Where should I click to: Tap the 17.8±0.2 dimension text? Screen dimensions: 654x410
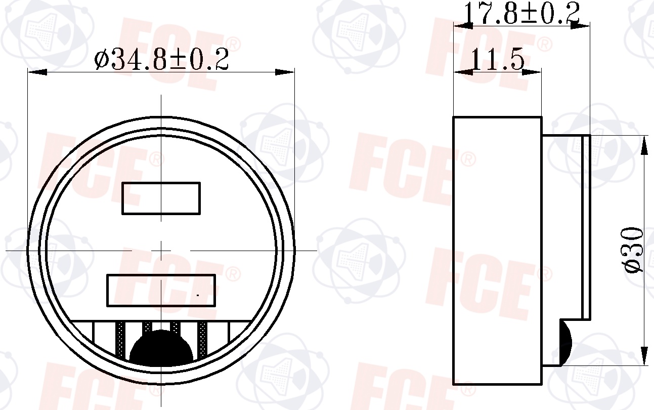click(x=521, y=13)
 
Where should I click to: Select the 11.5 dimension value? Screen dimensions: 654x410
click(x=498, y=60)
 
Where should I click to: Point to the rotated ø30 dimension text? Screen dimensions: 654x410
click(x=634, y=250)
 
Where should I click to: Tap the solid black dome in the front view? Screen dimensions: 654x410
click(x=161, y=348)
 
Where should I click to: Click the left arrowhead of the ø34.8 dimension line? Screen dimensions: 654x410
click(x=37, y=72)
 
